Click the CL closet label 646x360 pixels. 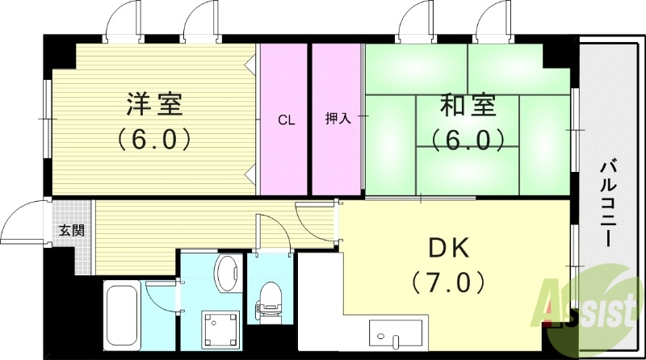point(286,121)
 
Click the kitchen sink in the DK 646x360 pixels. point(396,333)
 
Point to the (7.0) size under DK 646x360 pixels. point(447,283)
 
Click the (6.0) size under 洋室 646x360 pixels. point(153,139)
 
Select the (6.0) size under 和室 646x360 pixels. point(472,139)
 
